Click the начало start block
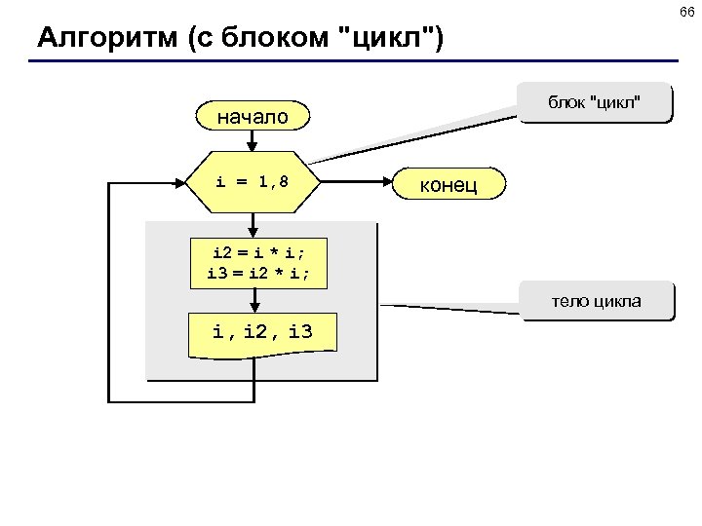pyautogui.click(x=253, y=118)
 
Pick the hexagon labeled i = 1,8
pyautogui.click(x=253, y=181)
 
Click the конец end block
pyautogui.click(x=448, y=183)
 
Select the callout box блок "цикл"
pyautogui.click(x=594, y=103)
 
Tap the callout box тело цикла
pyautogui.click(x=596, y=301)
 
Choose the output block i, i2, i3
pyautogui.click(x=263, y=333)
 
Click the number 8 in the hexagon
pyautogui.click(x=283, y=181)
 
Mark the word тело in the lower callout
pyautogui.click(x=569, y=301)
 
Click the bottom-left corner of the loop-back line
pyautogui.click(x=110, y=400)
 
